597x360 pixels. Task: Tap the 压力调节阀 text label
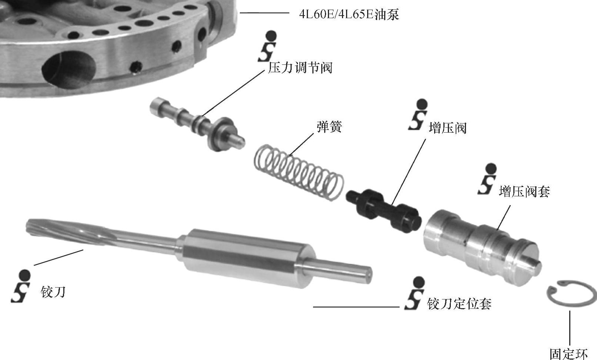300,68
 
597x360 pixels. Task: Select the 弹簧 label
329,127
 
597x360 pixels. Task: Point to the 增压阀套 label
524,191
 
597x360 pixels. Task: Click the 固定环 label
569,354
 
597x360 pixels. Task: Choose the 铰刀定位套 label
459,304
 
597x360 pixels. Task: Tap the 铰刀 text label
53,292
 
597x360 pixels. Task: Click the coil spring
298,173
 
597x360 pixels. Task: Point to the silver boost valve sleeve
482,247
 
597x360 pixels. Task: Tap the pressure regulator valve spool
197,124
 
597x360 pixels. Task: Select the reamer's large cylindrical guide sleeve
248,258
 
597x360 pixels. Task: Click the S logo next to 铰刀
20,286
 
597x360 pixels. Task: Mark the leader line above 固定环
570,328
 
